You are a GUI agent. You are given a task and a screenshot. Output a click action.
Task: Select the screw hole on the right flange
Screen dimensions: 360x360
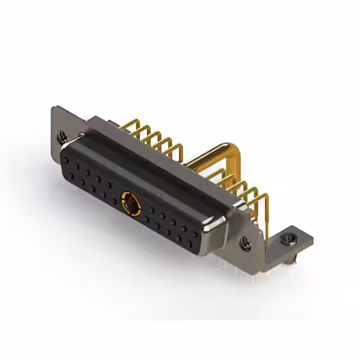(x=246, y=243)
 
